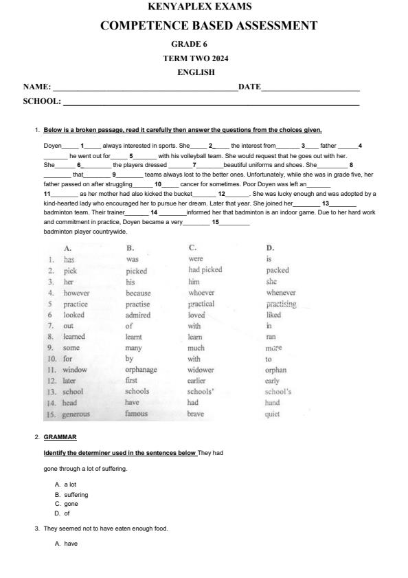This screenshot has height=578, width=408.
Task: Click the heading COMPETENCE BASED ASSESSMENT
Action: pos(209,26)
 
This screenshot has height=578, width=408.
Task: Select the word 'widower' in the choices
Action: pos(201,370)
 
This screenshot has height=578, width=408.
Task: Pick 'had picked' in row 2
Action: pos(205,270)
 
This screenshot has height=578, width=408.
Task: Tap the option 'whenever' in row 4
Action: pos(281,293)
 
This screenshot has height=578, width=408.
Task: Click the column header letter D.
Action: pos(270,247)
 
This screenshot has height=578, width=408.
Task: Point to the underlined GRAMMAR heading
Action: pos(60,436)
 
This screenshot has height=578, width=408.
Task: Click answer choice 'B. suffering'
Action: pos(71,494)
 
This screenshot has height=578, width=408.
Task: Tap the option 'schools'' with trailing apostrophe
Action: pos(204,392)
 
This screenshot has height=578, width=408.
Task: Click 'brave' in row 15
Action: pos(197,414)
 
